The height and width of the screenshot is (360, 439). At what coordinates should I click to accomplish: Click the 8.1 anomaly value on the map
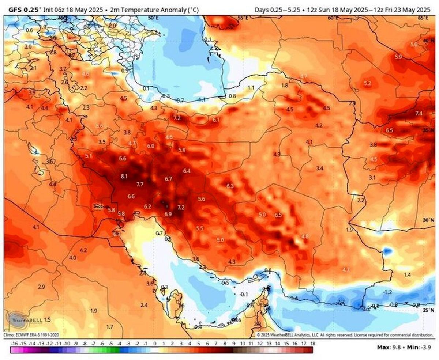124,177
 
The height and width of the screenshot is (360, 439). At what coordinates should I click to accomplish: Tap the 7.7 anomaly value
140,184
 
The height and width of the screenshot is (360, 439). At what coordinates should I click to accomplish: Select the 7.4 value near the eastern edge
419,114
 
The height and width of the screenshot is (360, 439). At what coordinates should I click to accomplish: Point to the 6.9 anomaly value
168,214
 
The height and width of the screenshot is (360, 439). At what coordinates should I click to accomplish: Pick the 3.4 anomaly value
320,168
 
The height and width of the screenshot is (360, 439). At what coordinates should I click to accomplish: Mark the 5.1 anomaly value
89,156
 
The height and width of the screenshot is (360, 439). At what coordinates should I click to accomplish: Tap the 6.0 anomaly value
151,146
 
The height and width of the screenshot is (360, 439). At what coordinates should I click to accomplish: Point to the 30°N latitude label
426,220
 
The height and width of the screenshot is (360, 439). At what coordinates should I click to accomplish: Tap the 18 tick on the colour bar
312,344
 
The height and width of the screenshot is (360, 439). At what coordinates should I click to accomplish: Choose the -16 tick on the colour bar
15,344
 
